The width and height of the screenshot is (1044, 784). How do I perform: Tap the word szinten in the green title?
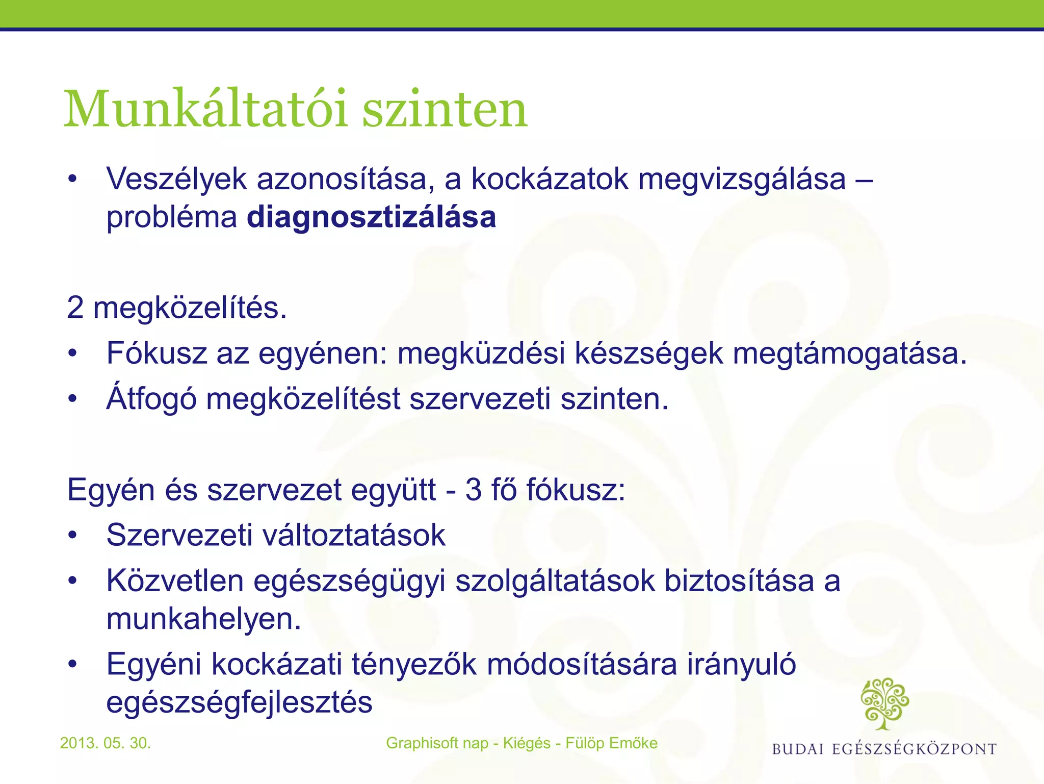[445, 109]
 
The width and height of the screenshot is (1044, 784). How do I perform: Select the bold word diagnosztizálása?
[371, 217]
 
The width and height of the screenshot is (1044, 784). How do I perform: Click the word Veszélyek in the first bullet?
[176, 180]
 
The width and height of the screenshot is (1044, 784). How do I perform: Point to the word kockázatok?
[550, 180]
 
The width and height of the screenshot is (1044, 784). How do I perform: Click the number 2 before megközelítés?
[75, 308]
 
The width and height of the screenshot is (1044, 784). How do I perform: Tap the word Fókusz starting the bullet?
[156, 353]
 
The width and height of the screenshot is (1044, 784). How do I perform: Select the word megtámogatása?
[849, 353]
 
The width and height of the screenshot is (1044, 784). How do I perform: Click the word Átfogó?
[151, 398]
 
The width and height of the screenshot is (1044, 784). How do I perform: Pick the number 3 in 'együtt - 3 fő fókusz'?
[474, 490]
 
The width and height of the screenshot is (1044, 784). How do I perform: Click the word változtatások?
[354, 535]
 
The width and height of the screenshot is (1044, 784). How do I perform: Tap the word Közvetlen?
[175, 581]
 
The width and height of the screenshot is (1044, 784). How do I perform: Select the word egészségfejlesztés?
[239, 702]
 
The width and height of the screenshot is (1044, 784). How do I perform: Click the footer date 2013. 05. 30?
[106, 743]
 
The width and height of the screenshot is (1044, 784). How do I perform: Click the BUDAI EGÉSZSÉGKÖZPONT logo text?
[884, 749]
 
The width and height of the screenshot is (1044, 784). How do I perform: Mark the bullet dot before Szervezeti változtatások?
[73, 536]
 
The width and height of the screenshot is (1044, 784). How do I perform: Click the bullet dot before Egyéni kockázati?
[73, 665]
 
